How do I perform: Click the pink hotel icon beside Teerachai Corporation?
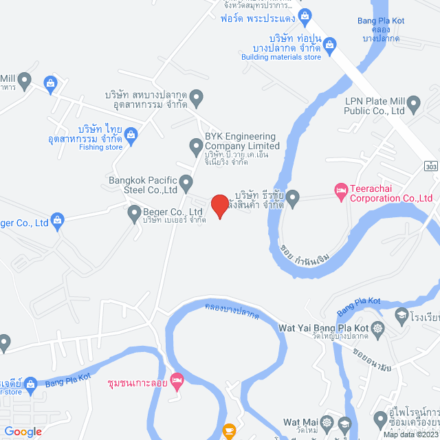point(340,189)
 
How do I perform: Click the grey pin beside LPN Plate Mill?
point(414,104)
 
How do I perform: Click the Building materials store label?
point(281,57)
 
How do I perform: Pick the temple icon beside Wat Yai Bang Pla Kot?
point(379,329)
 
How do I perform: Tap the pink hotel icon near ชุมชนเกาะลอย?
point(177,379)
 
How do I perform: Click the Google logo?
point(22,431)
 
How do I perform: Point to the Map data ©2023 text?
point(410,434)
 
